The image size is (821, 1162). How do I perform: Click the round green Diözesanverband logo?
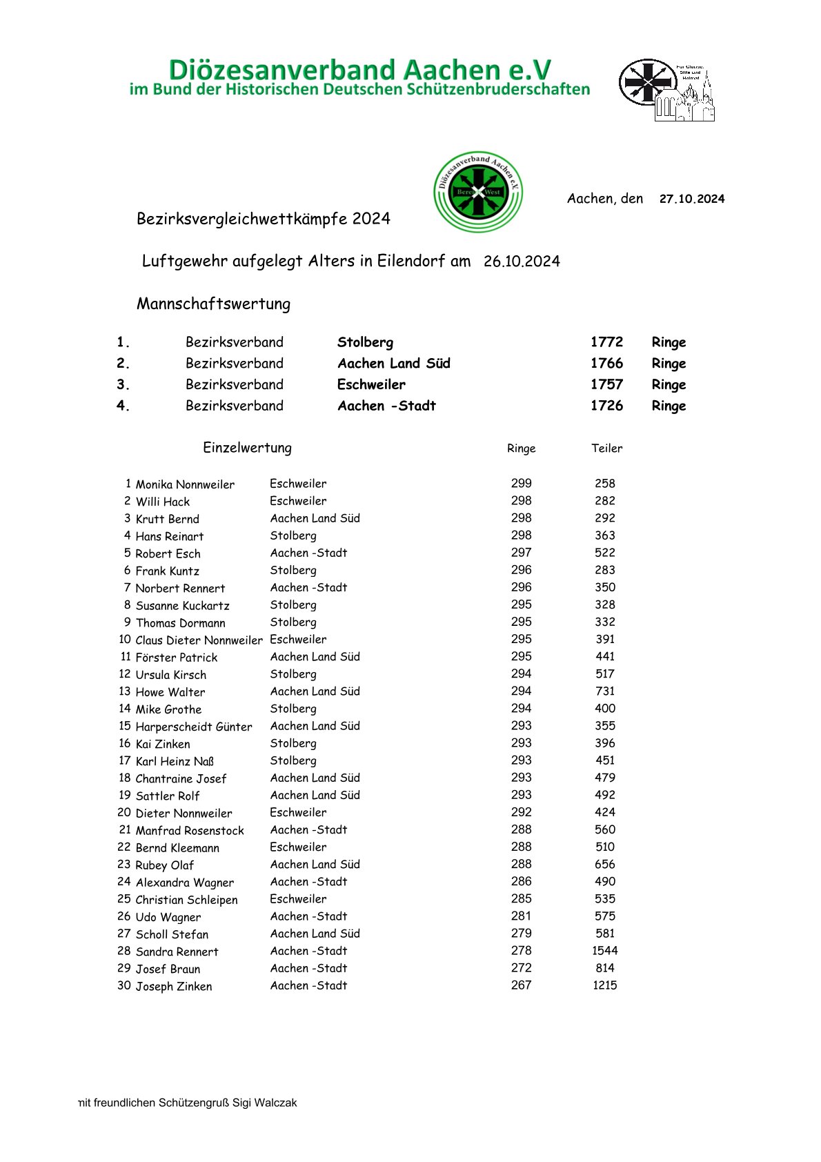pyautogui.click(x=477, y=192)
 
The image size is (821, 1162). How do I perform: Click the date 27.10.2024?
pyautogui.click(x=691, y=199)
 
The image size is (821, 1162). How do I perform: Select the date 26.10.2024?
pyautogui.click(x=522, y=262)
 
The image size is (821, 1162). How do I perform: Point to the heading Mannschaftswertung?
pyautogui.click(x=213, y=304)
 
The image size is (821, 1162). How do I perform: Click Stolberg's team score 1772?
pyautogui.click(x=606, y=342)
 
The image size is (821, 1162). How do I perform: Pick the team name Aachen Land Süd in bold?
pyautogui.click(x=393, y=364)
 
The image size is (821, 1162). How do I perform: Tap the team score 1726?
pyautogui.click(x=606, y=406)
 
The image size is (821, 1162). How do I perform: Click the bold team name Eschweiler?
pyautogui.click(x=371, y=384)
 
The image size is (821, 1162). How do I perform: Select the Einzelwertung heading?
pyautogui.click(x=247, y=448)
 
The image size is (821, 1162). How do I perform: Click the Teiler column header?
pyautogui.click(x=606, y=449)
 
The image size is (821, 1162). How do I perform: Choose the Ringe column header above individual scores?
pyautogui.click(x=521, y=449)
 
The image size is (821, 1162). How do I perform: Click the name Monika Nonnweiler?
pyautogui.click(x=185, y=484)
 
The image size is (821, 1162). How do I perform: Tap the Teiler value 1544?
pyautogui.click(x=605, y=951)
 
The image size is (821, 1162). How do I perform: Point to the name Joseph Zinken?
pyautogui.click(x=174, y=986)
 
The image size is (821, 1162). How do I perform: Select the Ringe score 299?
pyautogui.click(x=522, y=484)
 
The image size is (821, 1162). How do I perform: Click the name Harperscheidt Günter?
pyautogui.click(x=194, y=727)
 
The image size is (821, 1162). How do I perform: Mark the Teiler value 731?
pyautogui.click(x=605, y=691)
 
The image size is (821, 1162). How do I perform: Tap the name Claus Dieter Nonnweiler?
pyautogui.click(x=199, y=640)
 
